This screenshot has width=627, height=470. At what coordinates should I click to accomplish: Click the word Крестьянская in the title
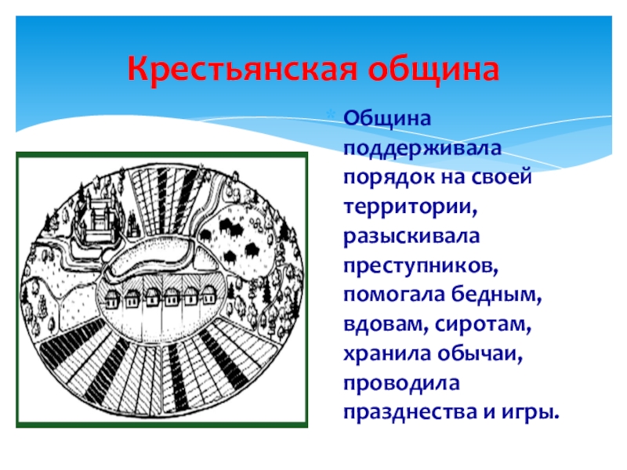(241, 69)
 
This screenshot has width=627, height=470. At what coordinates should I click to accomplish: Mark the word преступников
(421, 266)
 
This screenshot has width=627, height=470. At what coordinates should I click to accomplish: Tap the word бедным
(497, 295)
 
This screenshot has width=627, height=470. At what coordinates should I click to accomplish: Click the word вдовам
(386, 324)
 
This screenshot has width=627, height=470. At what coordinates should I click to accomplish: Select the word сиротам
(484, 325)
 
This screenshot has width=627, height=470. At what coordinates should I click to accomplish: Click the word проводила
(401, 384)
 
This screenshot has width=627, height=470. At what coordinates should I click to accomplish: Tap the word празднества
(410, 413)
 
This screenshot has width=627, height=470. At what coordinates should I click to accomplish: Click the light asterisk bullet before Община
(331, 115)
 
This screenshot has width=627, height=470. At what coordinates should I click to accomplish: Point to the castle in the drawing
(99, 219)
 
